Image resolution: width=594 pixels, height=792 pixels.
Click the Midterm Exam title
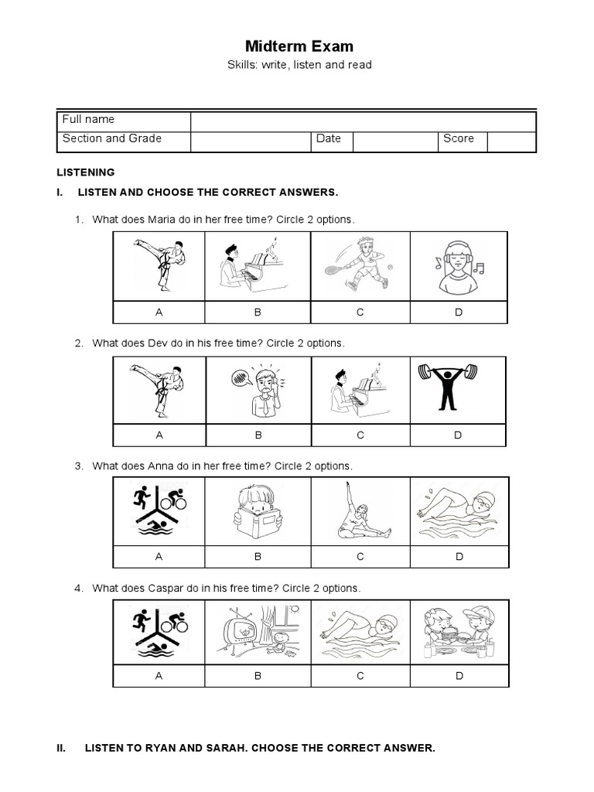(299, 46)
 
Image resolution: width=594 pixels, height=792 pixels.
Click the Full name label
(88, 119)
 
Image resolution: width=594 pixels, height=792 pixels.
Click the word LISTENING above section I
(86, 172)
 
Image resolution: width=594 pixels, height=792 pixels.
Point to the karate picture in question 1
(160, 265)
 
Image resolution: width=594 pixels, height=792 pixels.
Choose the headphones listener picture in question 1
(458, 265)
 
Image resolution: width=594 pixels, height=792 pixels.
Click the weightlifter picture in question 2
(457, 389)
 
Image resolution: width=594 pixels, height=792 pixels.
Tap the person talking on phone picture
(258, 389)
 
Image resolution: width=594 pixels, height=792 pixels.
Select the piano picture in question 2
(360, 389)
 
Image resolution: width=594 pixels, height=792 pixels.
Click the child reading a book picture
(258, 511)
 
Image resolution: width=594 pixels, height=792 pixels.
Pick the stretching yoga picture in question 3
(360, 511)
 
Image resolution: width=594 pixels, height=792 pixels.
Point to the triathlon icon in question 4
(160, 632)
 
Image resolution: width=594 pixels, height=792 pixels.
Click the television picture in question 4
(258, 632)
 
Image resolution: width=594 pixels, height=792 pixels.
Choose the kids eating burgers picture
(459, 632)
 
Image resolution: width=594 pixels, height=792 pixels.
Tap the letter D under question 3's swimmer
(459, 556)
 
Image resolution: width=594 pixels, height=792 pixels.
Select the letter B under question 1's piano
(258, 312)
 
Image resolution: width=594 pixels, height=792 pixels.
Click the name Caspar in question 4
(166, 589)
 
